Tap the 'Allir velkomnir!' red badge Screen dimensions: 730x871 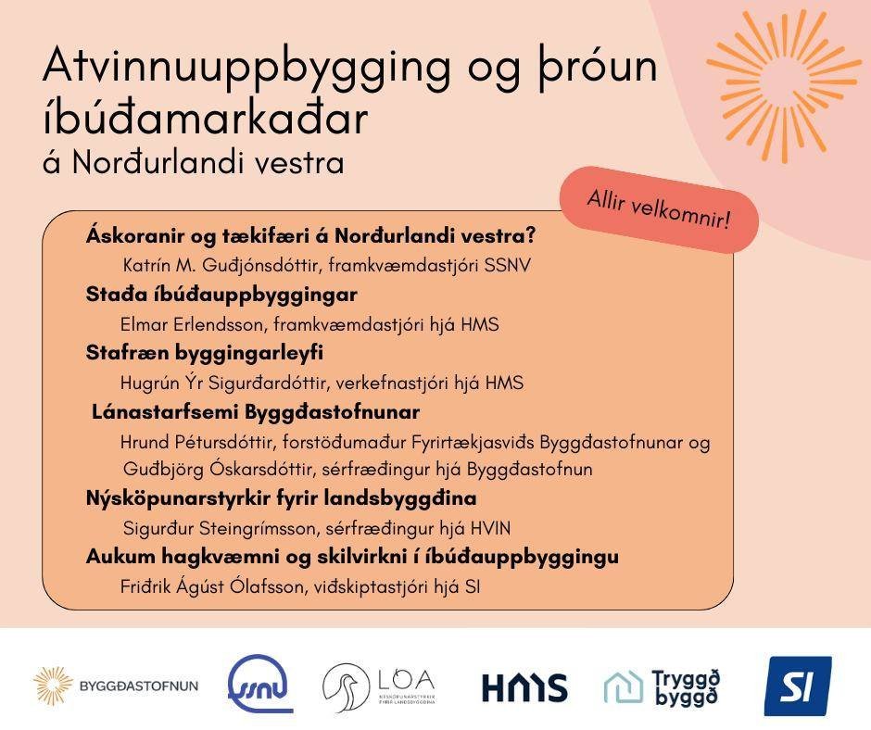(658, 209)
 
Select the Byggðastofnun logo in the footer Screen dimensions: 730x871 (116, 686)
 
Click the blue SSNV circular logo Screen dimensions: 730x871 (260, 686)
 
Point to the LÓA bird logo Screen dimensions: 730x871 (378, 686)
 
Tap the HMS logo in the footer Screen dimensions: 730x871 (524, 687)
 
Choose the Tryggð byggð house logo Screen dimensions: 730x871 (662, 686)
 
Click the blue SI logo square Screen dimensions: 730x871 (797, 686)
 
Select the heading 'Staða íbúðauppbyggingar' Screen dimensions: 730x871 (221, 295)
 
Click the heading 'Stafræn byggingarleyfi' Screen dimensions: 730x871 (204, 353)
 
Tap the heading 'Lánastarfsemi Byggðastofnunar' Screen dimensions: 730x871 (256, 411)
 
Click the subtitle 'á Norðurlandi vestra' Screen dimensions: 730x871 (193, 163)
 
